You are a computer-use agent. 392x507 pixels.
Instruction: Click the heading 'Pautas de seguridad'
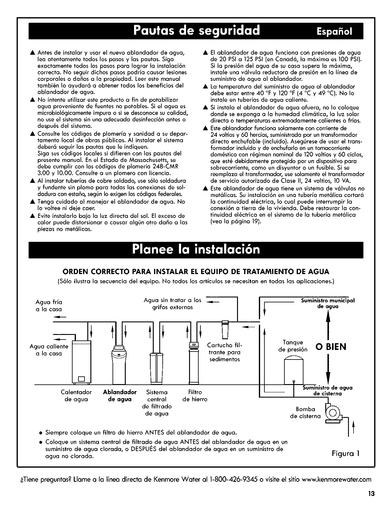[196, 30]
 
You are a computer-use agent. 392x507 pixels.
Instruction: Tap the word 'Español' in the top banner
[334, 31]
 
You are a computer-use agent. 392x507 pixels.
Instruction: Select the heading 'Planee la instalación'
[196, 249]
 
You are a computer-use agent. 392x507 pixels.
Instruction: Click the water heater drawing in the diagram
[81, 362]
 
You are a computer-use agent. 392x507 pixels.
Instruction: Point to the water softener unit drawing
[119, 364]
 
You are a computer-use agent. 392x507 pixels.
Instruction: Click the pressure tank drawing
[294, 370]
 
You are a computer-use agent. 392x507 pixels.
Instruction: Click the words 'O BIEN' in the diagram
[331, 347]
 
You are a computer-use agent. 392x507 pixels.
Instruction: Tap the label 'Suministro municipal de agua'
[327, 303]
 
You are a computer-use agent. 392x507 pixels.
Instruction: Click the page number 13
[371, 494]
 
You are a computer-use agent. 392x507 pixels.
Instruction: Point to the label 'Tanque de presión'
[293, 346]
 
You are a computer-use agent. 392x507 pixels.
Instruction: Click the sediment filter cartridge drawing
[225, 329]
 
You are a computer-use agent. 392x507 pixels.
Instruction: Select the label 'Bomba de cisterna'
[305, 412]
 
